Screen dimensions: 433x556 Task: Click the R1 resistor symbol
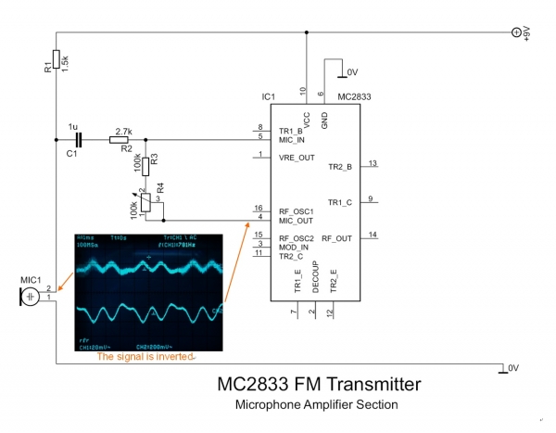coord(57,59)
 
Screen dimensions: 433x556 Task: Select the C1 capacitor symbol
coord(79,140)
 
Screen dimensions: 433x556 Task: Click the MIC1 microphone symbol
coord(32,295)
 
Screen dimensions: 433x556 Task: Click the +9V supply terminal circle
coord(518,32)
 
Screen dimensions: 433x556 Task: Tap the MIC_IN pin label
coord(284,140)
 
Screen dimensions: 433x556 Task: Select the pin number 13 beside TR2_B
coord(373,163)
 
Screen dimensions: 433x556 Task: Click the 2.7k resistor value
coord(123,131)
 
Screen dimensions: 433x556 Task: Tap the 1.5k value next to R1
coord(66,58)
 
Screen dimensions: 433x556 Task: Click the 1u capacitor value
coord(73,127)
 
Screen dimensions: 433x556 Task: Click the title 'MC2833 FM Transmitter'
coord(318,384)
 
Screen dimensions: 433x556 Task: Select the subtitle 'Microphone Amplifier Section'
coord(318,405)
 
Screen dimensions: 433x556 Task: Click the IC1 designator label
coord(269,96)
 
